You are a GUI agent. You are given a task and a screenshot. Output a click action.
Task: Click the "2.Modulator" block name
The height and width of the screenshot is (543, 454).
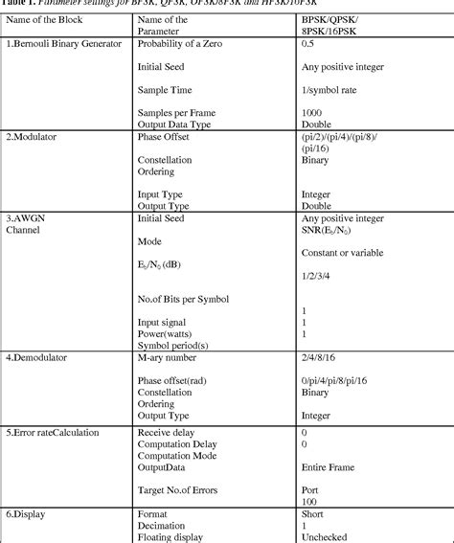pos(32,137)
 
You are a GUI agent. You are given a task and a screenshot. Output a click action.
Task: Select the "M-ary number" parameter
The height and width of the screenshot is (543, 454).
pos(173,384)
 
